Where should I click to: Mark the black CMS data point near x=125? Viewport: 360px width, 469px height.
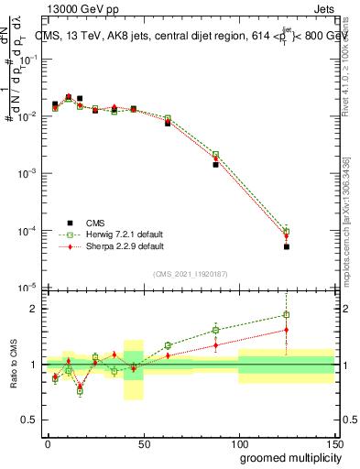point(286,247)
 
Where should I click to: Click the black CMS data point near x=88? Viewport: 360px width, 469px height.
point(215,165)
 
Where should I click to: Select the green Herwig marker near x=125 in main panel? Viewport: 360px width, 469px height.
point(286,231)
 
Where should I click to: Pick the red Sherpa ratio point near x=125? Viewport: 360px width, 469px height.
point(286,330)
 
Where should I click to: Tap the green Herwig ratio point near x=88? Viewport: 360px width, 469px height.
point(215,330)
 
